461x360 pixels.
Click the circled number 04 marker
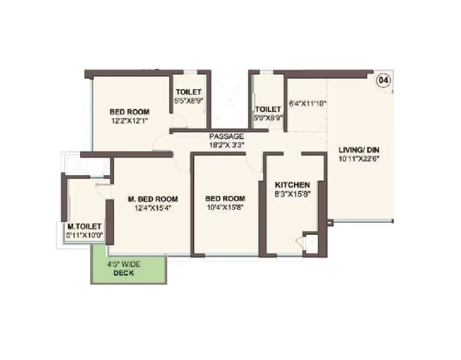point(384,80)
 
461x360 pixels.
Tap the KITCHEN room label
point(292,185)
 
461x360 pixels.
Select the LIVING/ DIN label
point(358,149)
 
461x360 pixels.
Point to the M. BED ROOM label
point(153,199)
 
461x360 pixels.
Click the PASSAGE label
point(226,136)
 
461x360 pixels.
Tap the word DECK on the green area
point(124,273)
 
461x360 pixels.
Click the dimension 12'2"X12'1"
point(129,120)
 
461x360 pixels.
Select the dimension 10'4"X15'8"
point(225,207)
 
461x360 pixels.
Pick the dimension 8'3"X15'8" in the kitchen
point(292,194)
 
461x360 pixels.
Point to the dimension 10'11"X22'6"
point(358,158)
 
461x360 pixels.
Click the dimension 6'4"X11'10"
point(308,103)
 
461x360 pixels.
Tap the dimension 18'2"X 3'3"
point(226,144)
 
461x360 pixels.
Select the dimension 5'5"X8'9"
point(189,101)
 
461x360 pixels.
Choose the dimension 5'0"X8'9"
point(268,118)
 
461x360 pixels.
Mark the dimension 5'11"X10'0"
point(85,235)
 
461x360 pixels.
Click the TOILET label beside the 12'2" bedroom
point(189,92)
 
